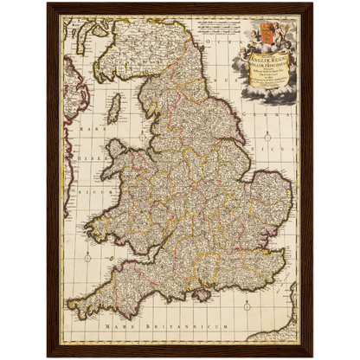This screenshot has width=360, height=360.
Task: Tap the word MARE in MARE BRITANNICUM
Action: (111, 329)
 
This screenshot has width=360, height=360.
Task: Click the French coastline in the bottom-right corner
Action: (287, 325)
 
